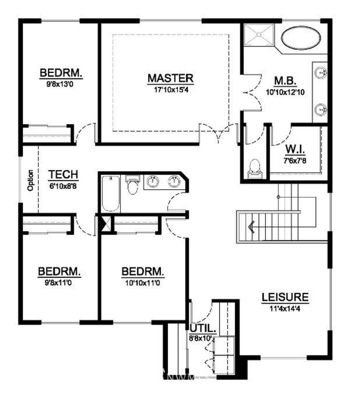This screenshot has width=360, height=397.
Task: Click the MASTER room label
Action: pyautogui.click(x=171, y=78)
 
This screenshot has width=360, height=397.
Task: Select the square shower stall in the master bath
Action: pyautogui.click(x=259, y=35)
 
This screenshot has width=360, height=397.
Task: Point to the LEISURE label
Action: pyautogui.click(x=285, y=297)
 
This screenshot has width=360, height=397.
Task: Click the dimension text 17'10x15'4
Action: pyautogui.click(x=171, y=90)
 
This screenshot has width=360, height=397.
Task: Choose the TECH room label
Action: pyautogui.click(x=63, y=175)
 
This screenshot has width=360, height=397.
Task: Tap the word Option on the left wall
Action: pyautogui.click(x=30, y=180)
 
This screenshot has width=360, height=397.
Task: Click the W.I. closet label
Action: pyautogui.click(x=295, y=149)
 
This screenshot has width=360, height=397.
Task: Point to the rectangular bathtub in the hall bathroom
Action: pyautogui.click(x=110, y=194)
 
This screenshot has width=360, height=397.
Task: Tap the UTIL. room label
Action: pyautogui.click(x=203, y=328)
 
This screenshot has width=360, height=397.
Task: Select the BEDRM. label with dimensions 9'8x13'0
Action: pyautogui.click(x=61, y=73)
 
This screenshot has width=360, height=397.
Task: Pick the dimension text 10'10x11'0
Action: pyautogui.click(x=143, y=283)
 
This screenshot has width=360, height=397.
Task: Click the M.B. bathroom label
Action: pyautogui.click(x=285, y=81)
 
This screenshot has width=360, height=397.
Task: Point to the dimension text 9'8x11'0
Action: pyautogui.click(x=59, y=282)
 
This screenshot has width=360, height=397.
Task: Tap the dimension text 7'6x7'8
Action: pyautogui.click(x=295, y=161)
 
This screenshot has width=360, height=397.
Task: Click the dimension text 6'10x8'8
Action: pyautogui.click(x=63, y=186)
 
